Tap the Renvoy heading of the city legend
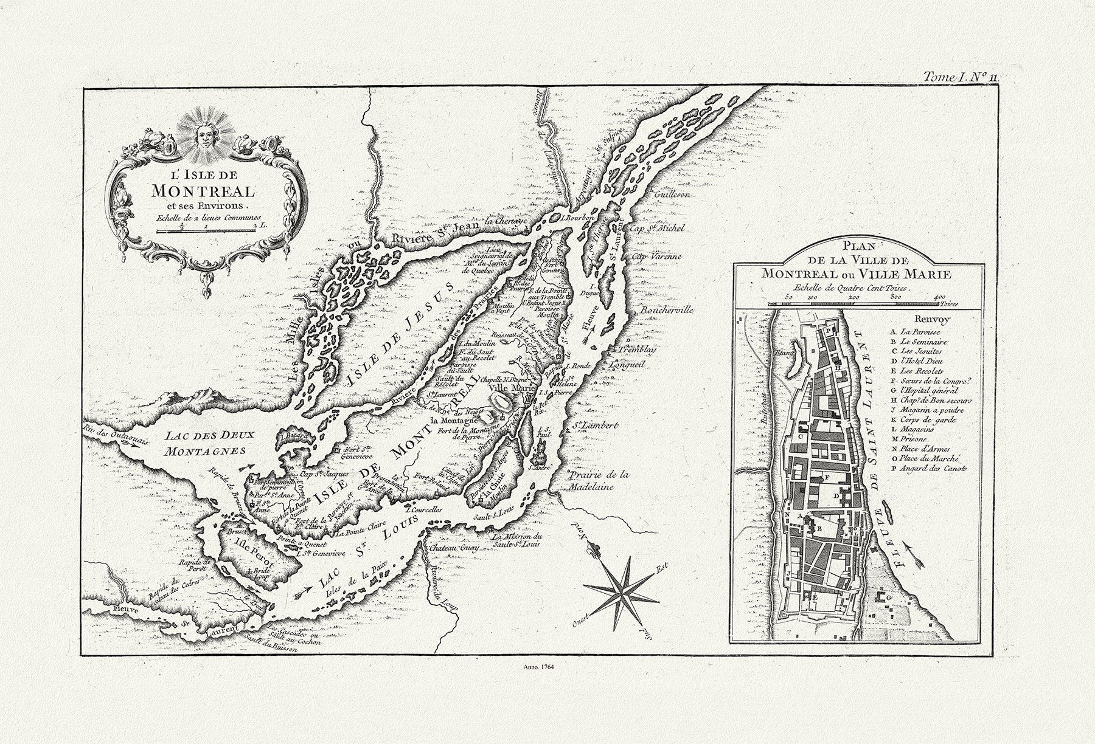930,319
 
